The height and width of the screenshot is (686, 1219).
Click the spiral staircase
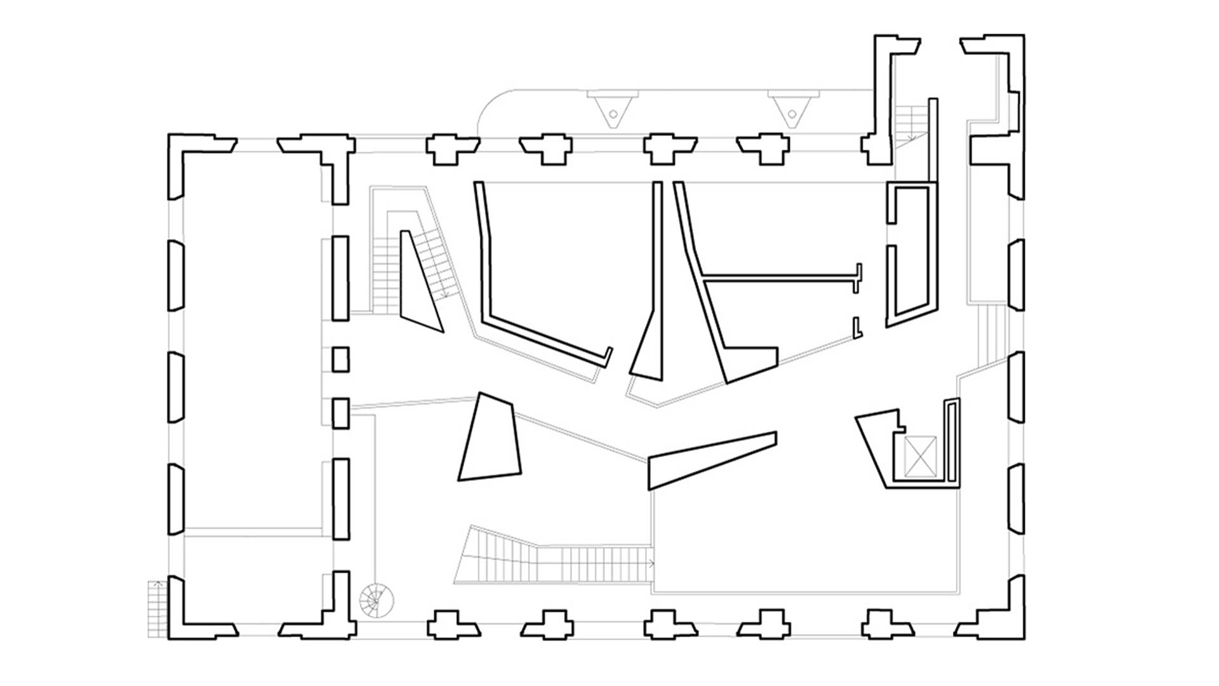coord(376,599)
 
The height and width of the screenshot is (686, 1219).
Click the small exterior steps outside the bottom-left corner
coord(157,609)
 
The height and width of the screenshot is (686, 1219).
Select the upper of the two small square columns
coord(340,359)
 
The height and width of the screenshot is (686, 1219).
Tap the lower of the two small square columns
coord(340,412)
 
